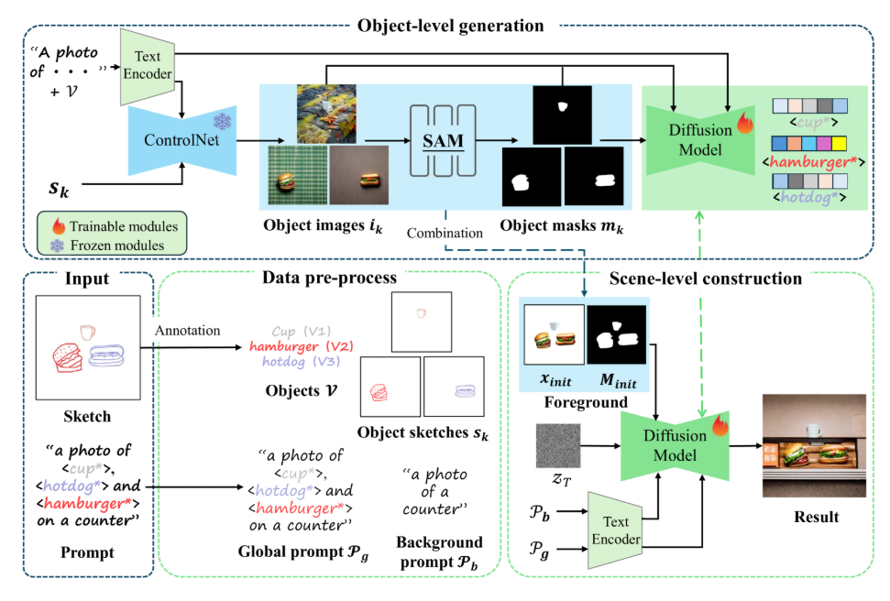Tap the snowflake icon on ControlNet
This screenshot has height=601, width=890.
click(x=221, y=121)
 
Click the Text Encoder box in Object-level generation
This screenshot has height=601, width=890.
click(x=147, y=65)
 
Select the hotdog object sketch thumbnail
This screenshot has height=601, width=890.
click(x=454, y=389)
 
